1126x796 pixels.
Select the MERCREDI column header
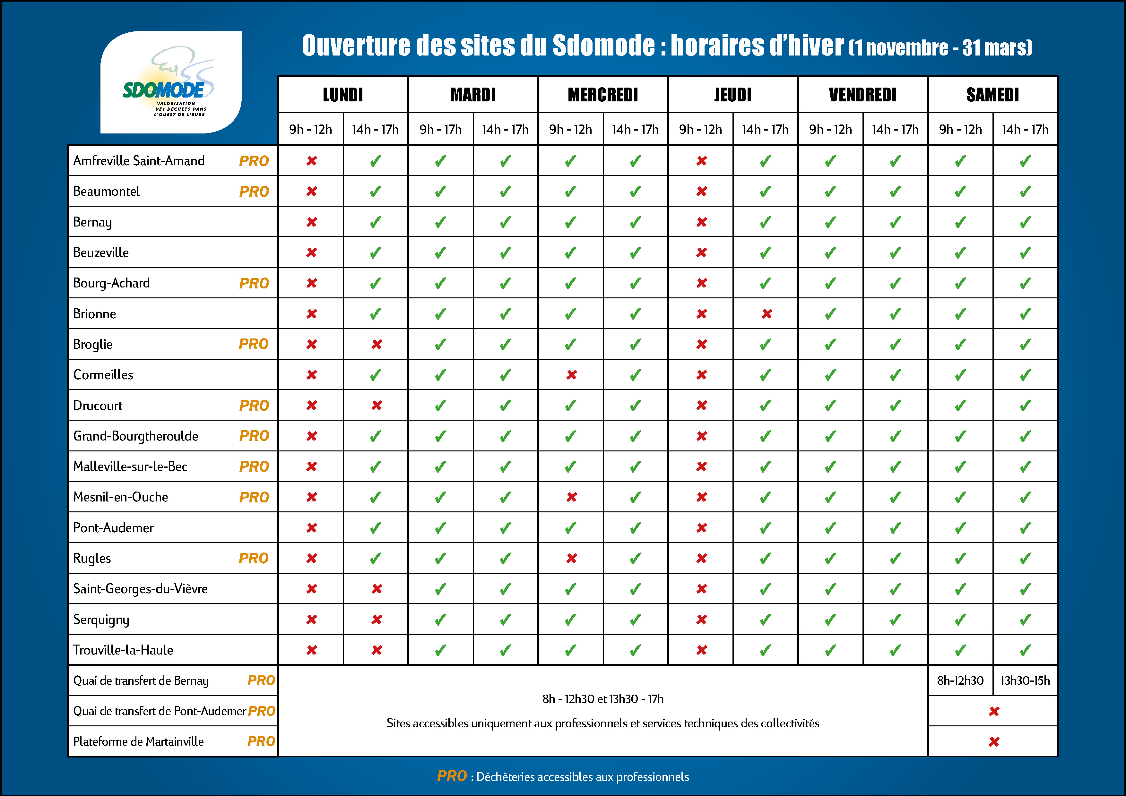[603, 95]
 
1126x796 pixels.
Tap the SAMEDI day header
[992, 95]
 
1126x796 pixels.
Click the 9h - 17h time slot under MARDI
[440, 129]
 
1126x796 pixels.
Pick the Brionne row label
[95, 314]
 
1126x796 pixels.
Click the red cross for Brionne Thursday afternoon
[767, 314]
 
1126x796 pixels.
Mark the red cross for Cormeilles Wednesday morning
[571, 375]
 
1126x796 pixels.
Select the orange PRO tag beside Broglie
[254, 344]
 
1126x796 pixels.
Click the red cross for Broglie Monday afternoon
[376, 344]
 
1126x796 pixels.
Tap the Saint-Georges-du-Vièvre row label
[140, 589]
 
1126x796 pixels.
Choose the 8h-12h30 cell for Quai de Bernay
[960, 680]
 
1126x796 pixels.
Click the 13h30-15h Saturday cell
[1025, 680]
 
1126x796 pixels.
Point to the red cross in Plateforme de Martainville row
[993, 741]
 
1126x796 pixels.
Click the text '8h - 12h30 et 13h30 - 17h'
[603, 698]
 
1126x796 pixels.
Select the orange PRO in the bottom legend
[452, 776]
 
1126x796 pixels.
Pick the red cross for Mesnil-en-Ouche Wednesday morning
[571, 497]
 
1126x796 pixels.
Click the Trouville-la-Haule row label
[123, 650]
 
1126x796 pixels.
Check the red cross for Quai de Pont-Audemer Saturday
[993, 711]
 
